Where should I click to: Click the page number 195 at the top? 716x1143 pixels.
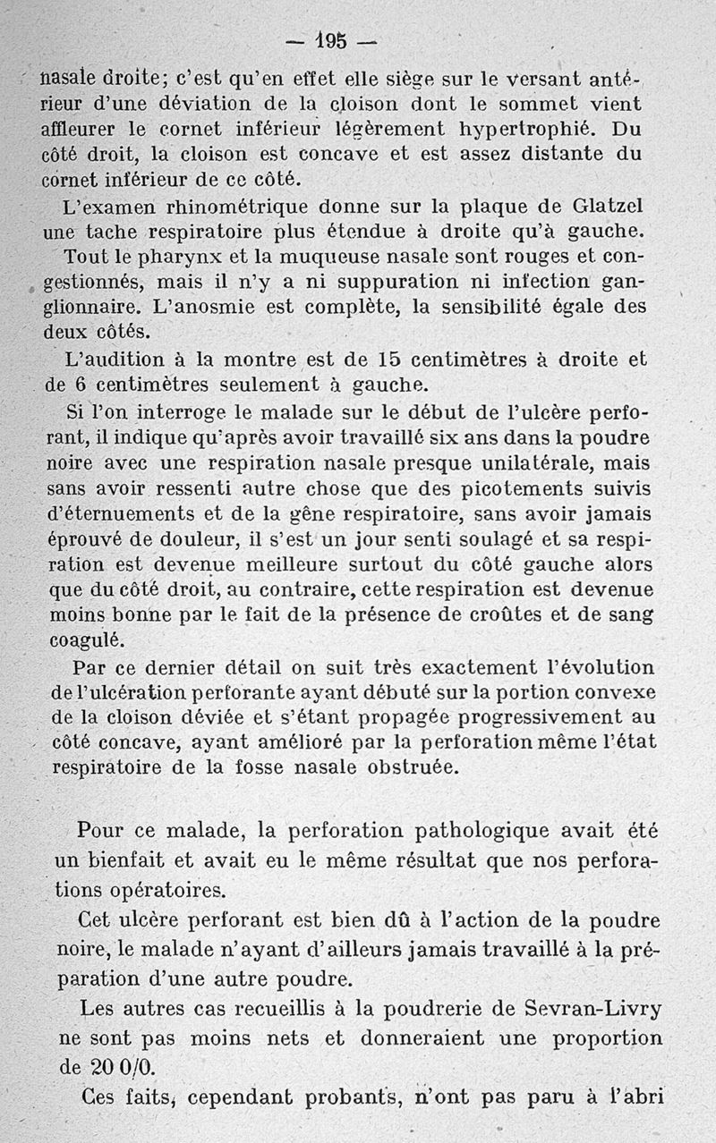tap(330, 41)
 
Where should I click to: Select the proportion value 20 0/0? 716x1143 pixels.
tap(101, 1067)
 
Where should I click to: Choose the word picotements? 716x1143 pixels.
tap(515, 489)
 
